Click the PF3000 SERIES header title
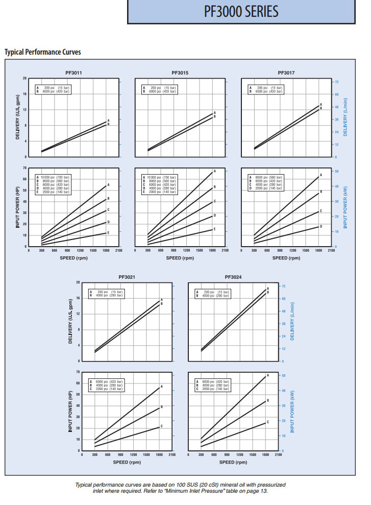tap(249, 12)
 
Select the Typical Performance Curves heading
tap(42, 52)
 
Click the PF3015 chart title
tap(180, 73)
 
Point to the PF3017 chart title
tap(286, 73)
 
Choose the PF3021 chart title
tap(127, 277)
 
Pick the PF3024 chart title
tap(233, 277)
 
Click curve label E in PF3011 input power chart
tap(108, 232)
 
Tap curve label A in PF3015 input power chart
tap(215, 171)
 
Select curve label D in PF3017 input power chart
tap(321, 226)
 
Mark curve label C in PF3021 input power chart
tap(162, 426)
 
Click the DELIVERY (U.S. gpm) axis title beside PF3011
tap(18, 117)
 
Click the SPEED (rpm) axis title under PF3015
tap(180, 258)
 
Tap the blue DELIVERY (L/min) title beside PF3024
tap(292, 321)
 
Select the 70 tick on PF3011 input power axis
tap(24, 167)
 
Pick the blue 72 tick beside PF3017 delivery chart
tap(337, 82)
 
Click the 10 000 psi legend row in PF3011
tap(53, 177)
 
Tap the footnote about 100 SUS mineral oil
tap(180, 488)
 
